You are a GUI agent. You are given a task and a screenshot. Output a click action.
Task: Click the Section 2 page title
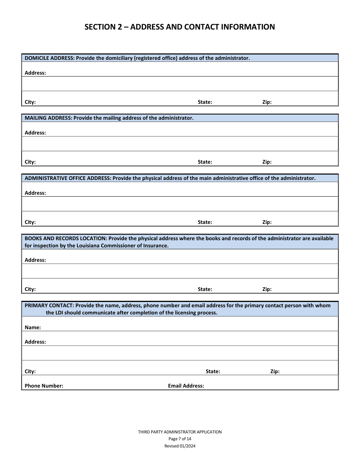[x=180, y=27]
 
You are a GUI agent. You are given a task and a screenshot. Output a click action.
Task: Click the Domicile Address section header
[x=137, y=58]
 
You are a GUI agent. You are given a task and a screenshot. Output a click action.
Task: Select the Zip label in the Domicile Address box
[x=267, y=102]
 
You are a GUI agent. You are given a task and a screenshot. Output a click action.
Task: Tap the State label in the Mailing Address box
[x=205, y=162]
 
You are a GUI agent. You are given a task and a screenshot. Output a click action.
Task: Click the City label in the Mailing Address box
[x=30, y=162]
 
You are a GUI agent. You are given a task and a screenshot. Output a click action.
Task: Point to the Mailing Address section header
[x=109, y=118]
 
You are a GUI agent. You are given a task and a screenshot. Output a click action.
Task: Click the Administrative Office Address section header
[x=170, y=178]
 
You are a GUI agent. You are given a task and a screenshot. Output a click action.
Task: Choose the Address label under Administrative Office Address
[x=35, y=193]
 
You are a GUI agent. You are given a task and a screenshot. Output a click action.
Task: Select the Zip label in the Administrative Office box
[x=267, y=222]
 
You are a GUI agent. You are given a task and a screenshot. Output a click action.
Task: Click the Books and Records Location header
[x=179, y=242]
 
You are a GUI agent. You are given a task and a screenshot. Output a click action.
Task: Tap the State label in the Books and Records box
[x=205, y=289]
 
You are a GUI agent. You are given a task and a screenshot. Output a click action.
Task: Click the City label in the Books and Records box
[x=30, y=289]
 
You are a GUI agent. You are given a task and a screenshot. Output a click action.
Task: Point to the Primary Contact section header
[x=177, y=309]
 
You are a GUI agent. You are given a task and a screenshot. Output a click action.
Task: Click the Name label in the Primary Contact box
[x=33, y=327]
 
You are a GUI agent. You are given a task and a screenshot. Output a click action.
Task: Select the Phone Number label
[x=44, y=386]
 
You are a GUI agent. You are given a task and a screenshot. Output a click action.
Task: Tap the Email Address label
[x=186, y=386]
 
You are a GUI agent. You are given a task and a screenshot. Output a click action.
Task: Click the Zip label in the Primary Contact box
[x=275, y=371]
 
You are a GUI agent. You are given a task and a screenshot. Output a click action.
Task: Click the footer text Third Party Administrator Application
[x=180, y=432]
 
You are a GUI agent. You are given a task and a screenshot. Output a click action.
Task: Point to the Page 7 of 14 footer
[x=180, y=439]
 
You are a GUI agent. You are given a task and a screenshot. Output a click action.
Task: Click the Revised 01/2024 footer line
[x=180, y=446]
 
